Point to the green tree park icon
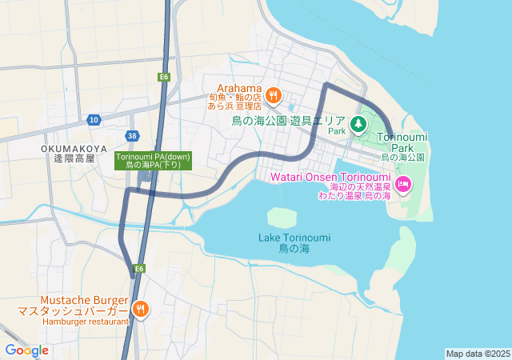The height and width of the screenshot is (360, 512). coord(358,123)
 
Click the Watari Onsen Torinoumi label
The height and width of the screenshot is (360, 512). coord(330,176)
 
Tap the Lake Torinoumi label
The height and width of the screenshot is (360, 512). coord(294,238)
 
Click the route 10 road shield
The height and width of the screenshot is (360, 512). coord(94,120)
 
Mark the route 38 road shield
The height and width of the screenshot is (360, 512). coord(132,136)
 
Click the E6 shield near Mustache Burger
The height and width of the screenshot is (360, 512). coord(139,268)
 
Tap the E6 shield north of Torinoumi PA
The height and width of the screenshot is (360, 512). coord(163,77)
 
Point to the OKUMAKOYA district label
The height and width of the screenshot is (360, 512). coord(74,148)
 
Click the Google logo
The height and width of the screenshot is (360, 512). coord(26,350)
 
